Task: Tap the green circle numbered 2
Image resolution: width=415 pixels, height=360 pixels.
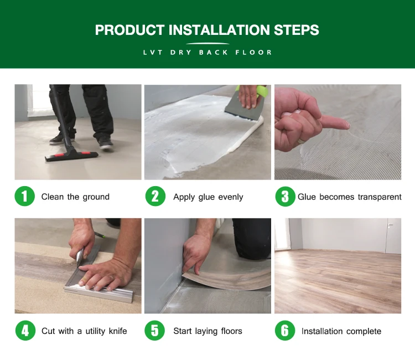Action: coord(155,197)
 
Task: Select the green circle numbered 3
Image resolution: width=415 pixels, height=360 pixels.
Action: coord(285,197)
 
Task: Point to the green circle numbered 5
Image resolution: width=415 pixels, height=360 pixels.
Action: coord(155,331)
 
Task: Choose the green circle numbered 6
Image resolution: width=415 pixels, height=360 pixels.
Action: coord(285,331)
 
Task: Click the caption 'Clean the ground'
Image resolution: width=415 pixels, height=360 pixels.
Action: coord(75,197)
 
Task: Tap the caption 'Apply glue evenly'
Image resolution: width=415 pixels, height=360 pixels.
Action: coord(208,197)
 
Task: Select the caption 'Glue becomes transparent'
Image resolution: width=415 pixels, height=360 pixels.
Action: coord(349,197)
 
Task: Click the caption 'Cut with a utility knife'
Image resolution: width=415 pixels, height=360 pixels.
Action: coord(84,331)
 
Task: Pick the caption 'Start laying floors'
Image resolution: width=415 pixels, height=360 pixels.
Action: coord(207,331)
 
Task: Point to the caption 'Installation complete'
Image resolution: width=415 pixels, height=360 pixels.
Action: coord(341,331)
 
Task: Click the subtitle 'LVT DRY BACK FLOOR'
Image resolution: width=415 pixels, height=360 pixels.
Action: coord(207,53)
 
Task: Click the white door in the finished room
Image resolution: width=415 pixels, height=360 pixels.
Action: coord(392,235)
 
